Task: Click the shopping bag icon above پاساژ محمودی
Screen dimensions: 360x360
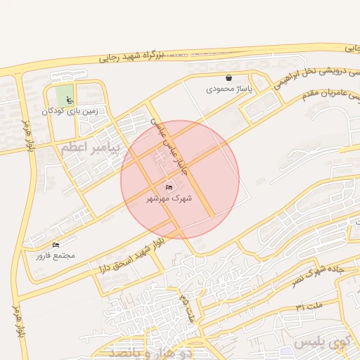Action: pyautogui.click(x=229, y=78)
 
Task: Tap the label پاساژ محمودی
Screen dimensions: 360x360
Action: pyautogui.click(x=229, y=89)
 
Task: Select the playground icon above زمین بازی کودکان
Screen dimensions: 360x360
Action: pyautogui.click(x=68, y=99)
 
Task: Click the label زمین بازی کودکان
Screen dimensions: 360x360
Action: pyautogui.click(x=68, y=110)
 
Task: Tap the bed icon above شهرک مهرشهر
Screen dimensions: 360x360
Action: pyautogui.click(x=168, y=187)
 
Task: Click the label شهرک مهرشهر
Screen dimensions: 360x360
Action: pyautogui.click(x=168, y=198)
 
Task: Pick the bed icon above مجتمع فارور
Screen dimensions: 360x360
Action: pyautogui.click(x=56, y=245)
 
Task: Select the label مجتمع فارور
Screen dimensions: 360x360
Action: pyautogui.click(x=56, y=255)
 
